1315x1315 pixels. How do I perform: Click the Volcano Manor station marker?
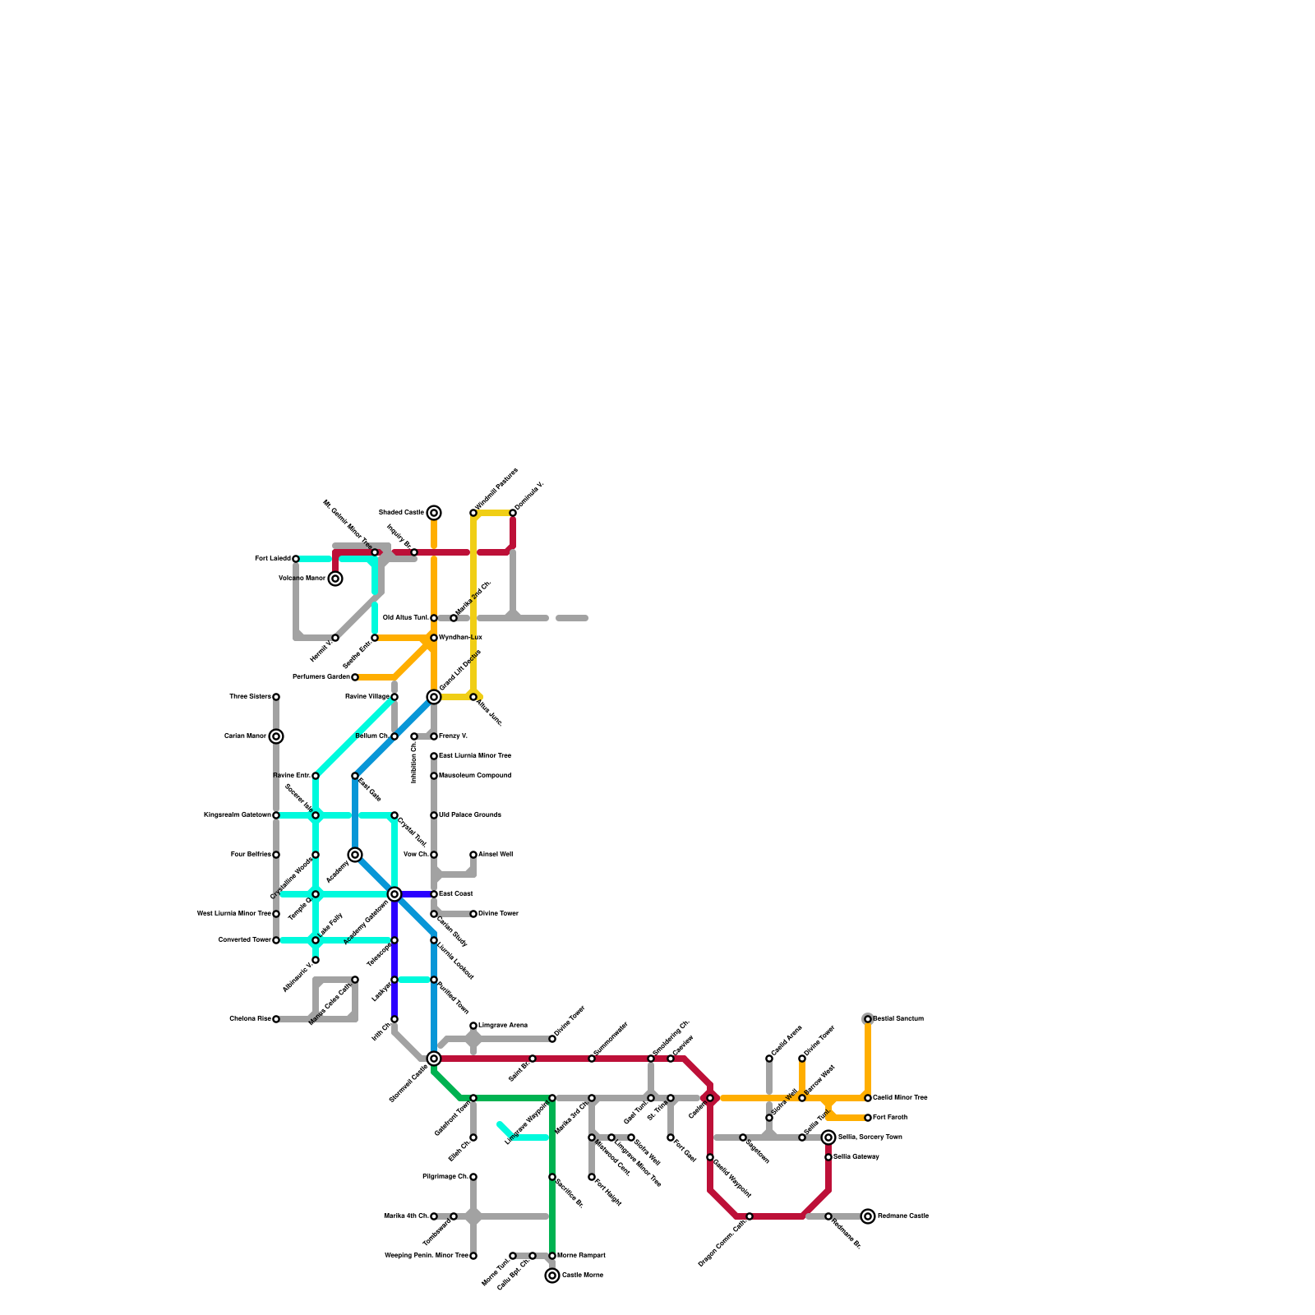pos(335,579)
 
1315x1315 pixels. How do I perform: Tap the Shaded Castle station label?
pos(401,513)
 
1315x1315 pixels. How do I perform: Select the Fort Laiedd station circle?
pos(296,559)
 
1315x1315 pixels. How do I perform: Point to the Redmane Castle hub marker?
pos(868,1216)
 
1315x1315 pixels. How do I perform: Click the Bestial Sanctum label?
pos(898,1019)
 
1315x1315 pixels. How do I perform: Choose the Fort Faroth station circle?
pos(868,1118)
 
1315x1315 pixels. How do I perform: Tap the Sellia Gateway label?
pos(856,1157)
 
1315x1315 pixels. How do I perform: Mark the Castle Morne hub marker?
pos(552,1276)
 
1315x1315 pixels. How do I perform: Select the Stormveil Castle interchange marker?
pos(434,1059)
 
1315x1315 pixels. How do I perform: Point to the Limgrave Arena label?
pos(503,1026)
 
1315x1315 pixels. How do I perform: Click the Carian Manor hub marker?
pos(276,736)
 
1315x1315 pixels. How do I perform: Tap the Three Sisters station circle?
pos(276,697)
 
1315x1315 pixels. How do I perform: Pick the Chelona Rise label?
pos(250,1019)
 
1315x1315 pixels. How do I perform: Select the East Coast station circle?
pos(434,894)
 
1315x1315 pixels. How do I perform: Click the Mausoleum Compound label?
pos(475,776)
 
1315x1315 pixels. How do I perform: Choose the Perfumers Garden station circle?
pos(355,677)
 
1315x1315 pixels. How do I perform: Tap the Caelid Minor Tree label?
pos(900,1098)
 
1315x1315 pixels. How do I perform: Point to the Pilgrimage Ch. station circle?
pos(473,1177)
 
